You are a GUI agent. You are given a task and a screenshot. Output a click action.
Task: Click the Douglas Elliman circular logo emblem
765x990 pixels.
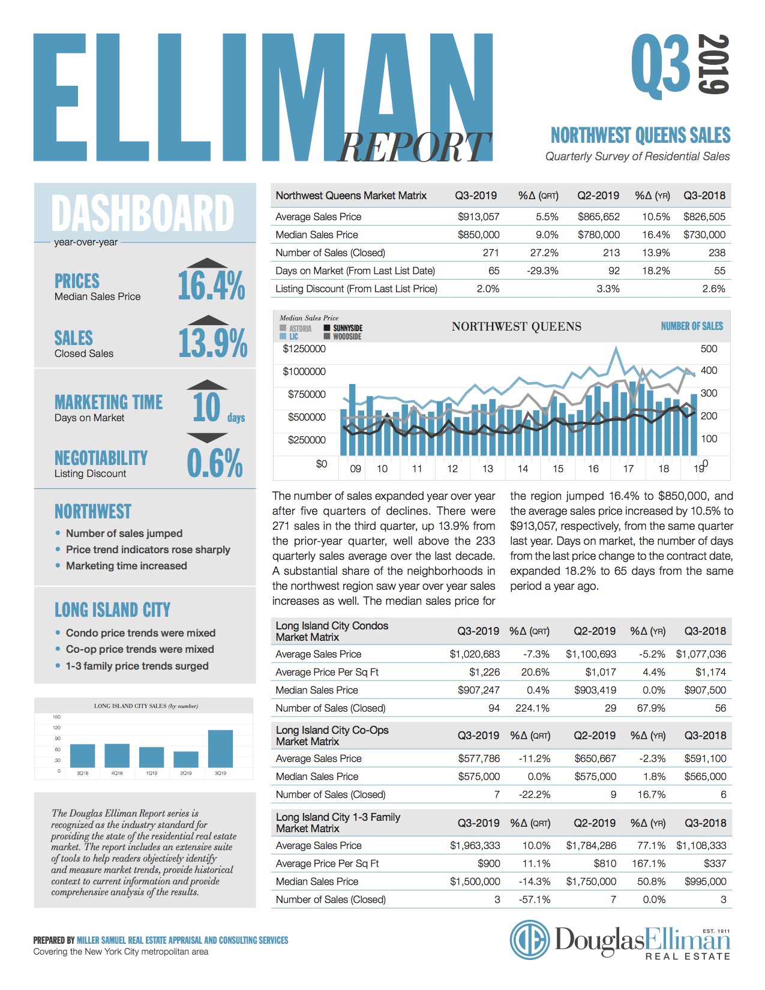click(x=530, y=940)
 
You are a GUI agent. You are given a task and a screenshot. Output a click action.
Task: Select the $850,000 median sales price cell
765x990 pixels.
click(x=478, y=235)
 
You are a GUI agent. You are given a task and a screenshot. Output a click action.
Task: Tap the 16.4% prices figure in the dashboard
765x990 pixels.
click(x=211, y=285)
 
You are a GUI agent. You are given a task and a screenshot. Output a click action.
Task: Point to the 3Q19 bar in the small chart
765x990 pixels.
click(x=220, y=748)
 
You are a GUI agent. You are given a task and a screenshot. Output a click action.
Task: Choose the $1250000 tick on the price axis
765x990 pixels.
click(x=304, y=349)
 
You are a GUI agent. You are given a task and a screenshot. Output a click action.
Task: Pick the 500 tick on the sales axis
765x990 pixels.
click(x=709, y=349)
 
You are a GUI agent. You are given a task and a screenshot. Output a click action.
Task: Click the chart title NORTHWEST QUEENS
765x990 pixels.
click(x=516, y=326)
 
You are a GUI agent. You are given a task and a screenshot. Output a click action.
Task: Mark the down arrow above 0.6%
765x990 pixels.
click(x=206, y=438)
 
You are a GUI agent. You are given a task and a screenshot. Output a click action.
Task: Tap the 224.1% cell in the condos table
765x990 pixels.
click(x=532, y=708)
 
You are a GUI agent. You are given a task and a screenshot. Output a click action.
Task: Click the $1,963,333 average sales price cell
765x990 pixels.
click(x=475, y=845)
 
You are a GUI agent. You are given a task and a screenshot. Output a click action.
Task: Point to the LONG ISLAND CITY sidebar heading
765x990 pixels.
click(x=112, y=610)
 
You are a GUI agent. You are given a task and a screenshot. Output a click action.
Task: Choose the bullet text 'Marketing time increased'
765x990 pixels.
click(x=126, y=566)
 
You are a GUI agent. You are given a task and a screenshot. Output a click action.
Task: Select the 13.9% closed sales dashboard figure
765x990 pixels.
click(x=212, y=343)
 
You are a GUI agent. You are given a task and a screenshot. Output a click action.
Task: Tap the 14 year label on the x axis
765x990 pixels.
click(x=523, y=469)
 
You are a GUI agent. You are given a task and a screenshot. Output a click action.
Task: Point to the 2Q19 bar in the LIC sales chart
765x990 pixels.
click(x=186, y=759)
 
